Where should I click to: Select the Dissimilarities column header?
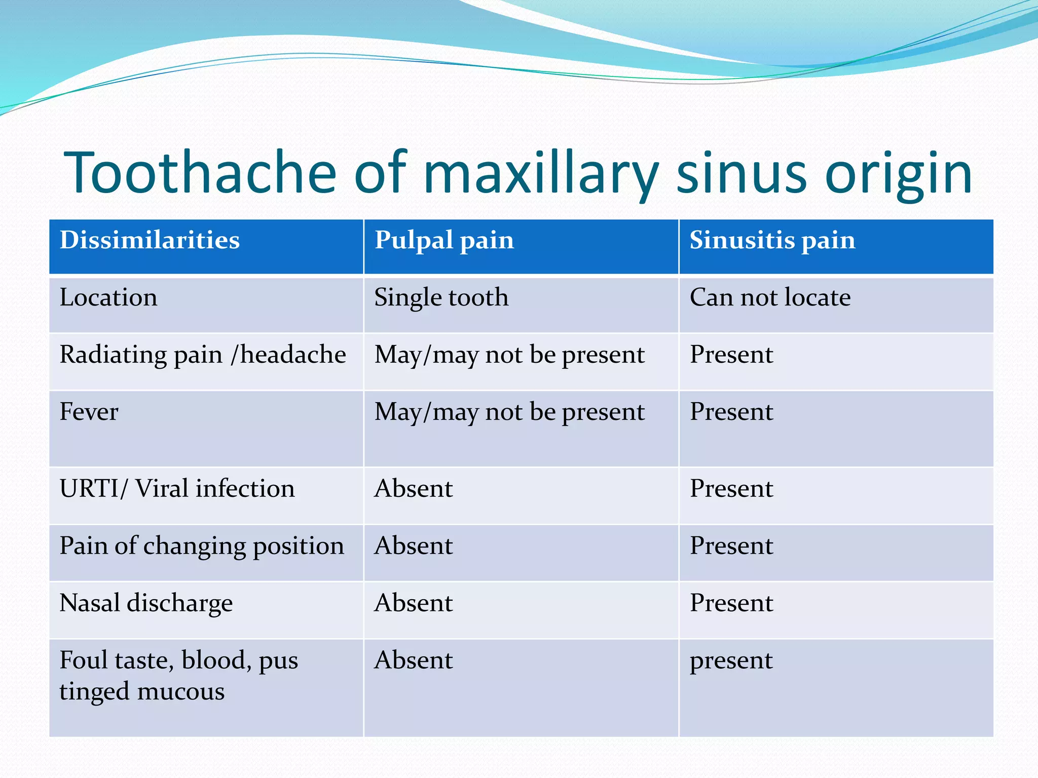[150, 240]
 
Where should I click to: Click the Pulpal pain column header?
[444, 240]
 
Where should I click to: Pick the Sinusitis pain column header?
[772, 240]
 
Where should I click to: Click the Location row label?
[108, 297]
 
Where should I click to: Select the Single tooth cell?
[441, 297]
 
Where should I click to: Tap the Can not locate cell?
[770, 297]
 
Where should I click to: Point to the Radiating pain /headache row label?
[203, 355]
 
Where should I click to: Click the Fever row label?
[89, 412]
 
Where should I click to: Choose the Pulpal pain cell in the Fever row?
[509, 412]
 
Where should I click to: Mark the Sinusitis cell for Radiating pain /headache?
[731, 355]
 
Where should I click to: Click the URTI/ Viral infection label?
[177, 489]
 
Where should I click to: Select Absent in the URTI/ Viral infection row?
[413, 489]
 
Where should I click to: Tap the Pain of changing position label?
[202, 546]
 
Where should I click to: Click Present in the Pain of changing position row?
[731, 546]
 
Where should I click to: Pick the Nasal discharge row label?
[146, 603]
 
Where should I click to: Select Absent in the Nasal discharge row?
[413, 603]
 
